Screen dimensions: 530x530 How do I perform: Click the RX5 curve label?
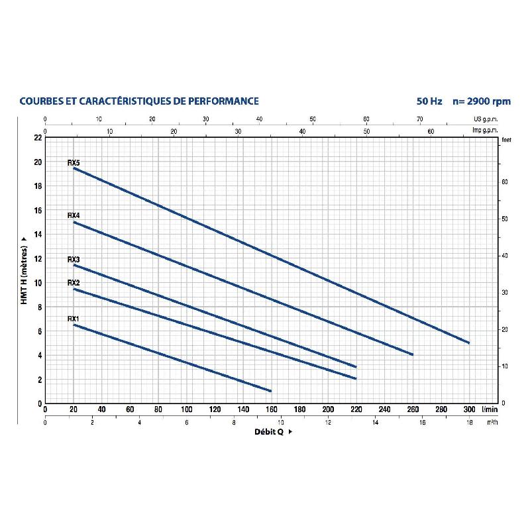(x=74, y=162)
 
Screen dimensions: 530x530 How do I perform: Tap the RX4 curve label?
(x=74, y=216)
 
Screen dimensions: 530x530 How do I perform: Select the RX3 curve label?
(x=74, y=260)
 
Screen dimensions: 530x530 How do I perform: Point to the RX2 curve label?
(x=74, y=283)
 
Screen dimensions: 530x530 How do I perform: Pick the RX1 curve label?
(x=74, y=319)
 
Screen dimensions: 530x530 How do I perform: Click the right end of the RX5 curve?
(x=469, y=343)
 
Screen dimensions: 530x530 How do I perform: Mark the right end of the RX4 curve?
(x=412, y=354)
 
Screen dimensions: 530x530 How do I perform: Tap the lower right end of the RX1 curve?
(x=270, y=390)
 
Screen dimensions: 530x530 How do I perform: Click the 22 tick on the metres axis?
(x=37, y=138)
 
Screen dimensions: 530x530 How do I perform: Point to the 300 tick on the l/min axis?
(x=469, y=409)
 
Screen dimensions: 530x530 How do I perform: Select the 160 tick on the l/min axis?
(x=271, y=409)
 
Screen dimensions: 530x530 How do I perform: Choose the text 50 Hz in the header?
(x=429, y=101)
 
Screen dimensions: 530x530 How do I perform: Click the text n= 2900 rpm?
(x=482, y=101)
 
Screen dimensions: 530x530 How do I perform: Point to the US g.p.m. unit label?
(x=486, y=119)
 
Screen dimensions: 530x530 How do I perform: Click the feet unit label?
(x=507, y=140)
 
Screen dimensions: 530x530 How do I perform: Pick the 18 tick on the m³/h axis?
(x=469, y=422)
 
